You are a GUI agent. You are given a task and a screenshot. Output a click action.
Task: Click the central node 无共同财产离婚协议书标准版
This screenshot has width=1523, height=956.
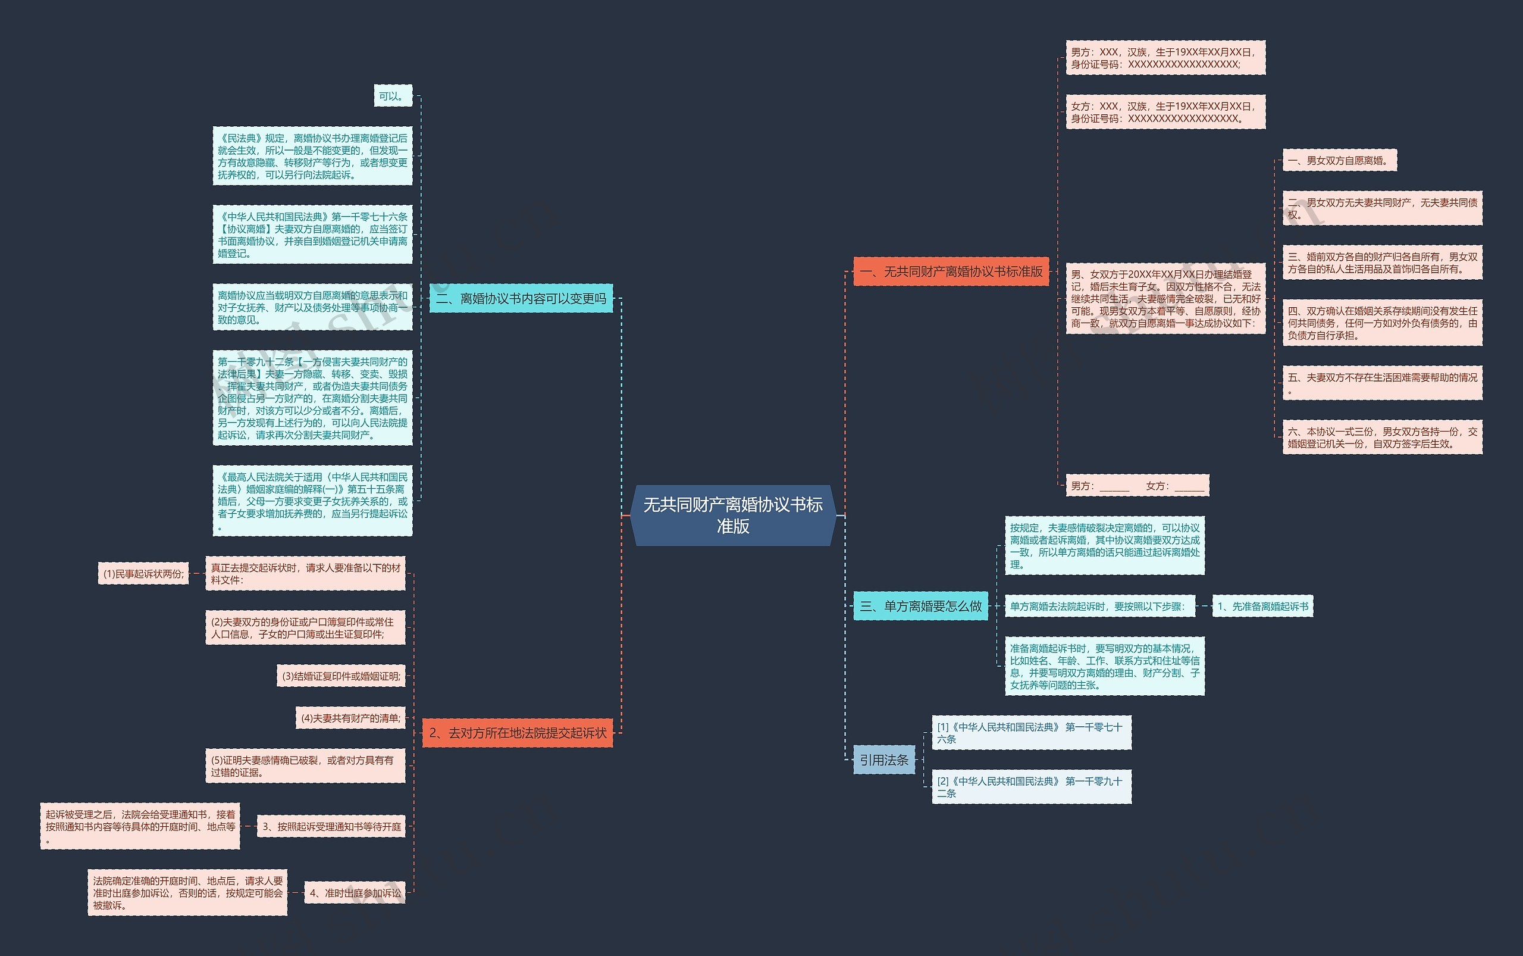pyautogui.click(x=733, y=515)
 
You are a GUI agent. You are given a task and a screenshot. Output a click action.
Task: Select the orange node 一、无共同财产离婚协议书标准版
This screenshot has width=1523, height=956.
pyautogui.click(x=951, y=272)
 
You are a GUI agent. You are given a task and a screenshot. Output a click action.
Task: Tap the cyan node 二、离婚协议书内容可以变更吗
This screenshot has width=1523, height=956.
pyautogui.click(x=521, y=298)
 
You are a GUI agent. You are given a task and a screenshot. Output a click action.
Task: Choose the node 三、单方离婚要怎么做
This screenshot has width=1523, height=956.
pyautogui.click(x=920, y=607)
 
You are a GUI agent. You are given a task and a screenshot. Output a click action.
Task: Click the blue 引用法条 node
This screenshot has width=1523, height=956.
pyautogui.click(x=883, y=760)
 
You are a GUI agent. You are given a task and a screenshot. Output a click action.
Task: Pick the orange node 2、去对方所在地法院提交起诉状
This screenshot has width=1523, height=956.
pyautogui.click(x=517, y=733)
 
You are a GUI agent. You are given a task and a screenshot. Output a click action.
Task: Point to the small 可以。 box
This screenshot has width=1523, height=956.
pyautogui.click(x=393, y=96)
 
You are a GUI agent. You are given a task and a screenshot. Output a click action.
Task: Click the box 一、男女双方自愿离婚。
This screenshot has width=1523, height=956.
pyautogui.click(x=1339, y=161)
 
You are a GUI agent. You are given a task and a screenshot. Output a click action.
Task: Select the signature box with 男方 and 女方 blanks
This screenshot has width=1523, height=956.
pyautogui.click(x=1137, y=486)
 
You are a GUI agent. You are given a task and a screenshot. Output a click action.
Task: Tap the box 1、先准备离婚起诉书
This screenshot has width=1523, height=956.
pyautogui.click(x=1262, y=607)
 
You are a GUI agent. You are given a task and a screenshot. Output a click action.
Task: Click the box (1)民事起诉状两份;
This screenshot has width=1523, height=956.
pyautogui.click(x=143, y=574)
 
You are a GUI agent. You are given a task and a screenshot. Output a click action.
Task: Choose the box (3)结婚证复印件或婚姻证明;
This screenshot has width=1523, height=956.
pyautogui.click(x=341, y=676)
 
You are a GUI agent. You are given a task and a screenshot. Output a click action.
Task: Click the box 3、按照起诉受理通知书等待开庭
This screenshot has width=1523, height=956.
pyautogui.click(x=331, y=826)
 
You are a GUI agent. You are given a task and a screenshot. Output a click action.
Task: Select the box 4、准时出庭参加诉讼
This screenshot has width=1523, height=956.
pyautogui.click(x=355, y=893)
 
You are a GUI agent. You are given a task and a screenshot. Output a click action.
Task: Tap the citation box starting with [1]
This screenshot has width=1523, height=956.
pyautogui.click(x=1032, y=733)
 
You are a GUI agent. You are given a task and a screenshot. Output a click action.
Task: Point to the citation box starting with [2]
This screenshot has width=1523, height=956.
pyautogui.click(x=1032, y=787)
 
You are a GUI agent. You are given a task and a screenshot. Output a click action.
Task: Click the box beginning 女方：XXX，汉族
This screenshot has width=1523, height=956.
pyautogui.click(x=1165, y=112)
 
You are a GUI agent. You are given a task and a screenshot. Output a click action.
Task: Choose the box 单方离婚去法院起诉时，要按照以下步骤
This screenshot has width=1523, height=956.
pyautogui.click(x=1099, y=607)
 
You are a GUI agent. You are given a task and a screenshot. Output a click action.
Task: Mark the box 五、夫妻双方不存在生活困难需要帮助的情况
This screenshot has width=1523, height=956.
pyautogui.click(x=1382, y=383)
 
